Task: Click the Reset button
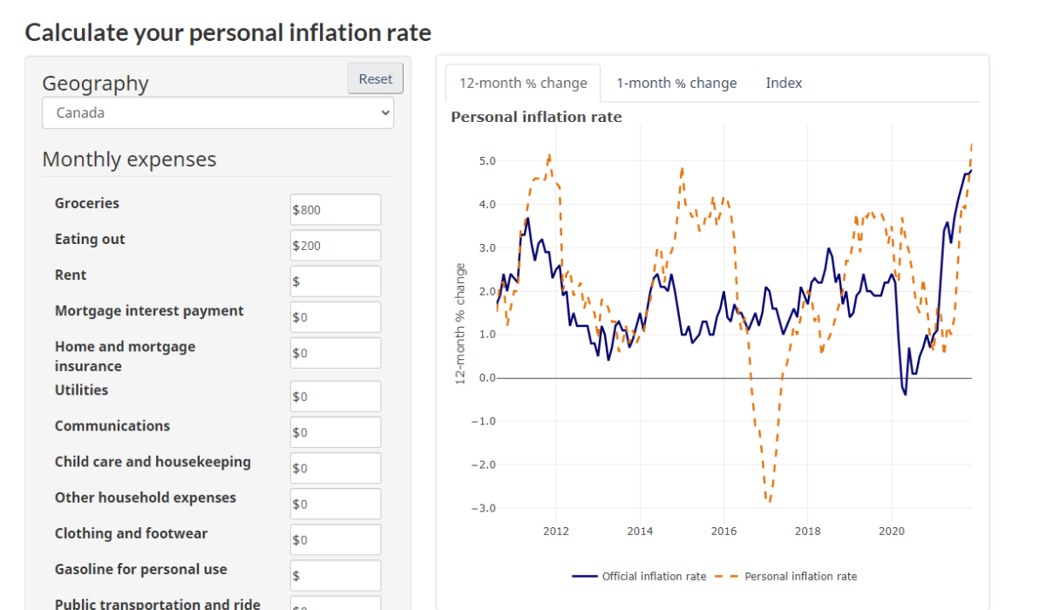tap(376, 78)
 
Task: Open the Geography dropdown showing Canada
tap(218, 112)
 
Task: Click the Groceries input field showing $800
tap(336, 209)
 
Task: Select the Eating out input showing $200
tap(336, 246)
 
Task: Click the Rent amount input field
tap(336, 281)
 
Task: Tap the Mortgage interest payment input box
tap(336, 317)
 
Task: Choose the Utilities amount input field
tap(336, 396)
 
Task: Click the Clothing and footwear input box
tap(336, 539)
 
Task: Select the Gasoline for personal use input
tap(336, 575)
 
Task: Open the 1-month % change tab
tap(676, 83)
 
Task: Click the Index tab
tap(784, 83)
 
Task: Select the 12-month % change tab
tap(523, 83)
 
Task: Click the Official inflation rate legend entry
tap(640, 576)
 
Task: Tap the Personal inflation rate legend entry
tap(786, 576)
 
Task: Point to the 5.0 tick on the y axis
tap(486, 161)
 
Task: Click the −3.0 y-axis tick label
tap(484, 508)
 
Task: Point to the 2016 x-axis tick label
tap(723, 531)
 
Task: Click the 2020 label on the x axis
tap(891, 531)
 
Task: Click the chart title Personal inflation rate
tap(536, 117)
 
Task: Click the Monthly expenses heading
tap(129, 159)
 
